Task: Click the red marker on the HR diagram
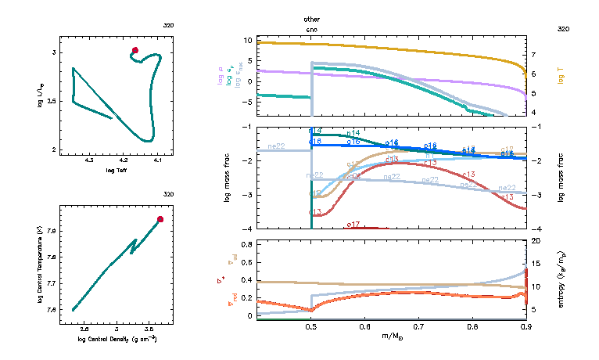click(x=135, y=51)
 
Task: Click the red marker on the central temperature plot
click(x=160, y=219)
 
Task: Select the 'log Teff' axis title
click(x=117, y=170)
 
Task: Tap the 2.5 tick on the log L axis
click(x=53, y=101)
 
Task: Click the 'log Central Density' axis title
click(x=117, y=339)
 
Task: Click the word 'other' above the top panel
click(x=312, y=19)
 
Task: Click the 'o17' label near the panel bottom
click(x=353, y=225)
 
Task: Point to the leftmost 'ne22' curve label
click(x=276, y=146)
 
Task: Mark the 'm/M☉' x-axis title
click(x=391, y=337)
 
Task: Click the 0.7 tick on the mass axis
click(x=418, y=329)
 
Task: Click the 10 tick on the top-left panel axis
click(x=247, y=40)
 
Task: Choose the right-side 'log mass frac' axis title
click(x=562, y=178)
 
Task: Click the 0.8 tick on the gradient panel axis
click(x=246, y=244)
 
